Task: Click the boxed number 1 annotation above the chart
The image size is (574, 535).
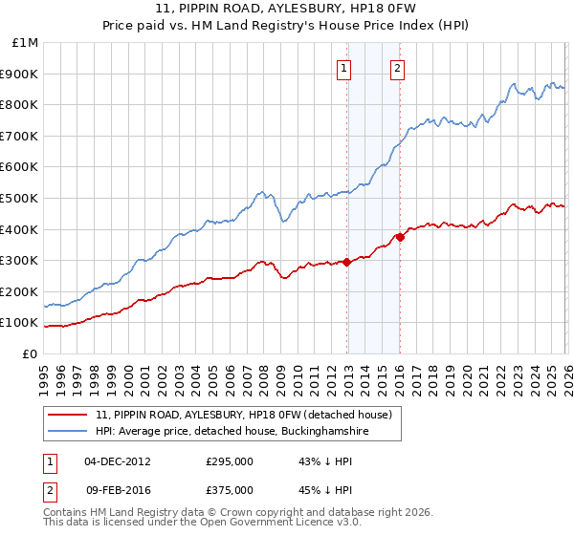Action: [x=343, y=67]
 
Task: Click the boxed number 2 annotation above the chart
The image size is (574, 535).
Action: [x=396, y=67]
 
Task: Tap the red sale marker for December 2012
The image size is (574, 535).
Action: [x=346, y=262]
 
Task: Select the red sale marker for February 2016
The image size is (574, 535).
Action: [x=400, y=237]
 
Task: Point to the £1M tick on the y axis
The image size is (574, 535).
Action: [x=26, y=43]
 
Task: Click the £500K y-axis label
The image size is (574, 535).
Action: [x=20, y=199]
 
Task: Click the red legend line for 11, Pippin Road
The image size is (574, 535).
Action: [x=69, y=416]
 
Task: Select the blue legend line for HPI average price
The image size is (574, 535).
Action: [x=69, y=433]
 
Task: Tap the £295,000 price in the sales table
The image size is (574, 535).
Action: [x=229, y=461]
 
